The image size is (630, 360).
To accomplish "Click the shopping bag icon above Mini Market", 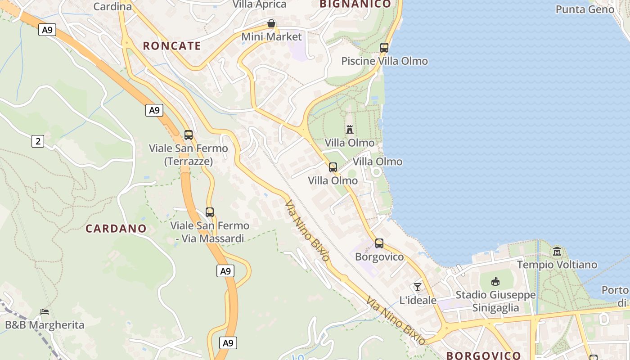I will [x=271, y=23].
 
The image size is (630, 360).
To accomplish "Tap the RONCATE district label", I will [x=172, y=46].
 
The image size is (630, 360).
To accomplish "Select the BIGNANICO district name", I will [x=355, y=4].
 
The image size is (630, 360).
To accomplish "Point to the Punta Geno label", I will [x=585, y=9].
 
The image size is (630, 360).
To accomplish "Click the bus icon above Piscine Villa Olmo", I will [x=384, y=47].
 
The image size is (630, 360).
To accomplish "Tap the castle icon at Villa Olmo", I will [x=350, y=130].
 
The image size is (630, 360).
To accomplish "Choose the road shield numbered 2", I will [x=38, y=141].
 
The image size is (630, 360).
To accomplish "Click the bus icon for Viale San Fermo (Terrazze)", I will [x=189, y=135].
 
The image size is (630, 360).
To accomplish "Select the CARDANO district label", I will [x=116, y=229].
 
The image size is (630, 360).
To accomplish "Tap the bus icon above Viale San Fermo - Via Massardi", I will [x=210, y=212].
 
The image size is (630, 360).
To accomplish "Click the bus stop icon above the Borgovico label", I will [x=379, y=243].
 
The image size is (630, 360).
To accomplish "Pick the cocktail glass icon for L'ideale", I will [x=418, y=287].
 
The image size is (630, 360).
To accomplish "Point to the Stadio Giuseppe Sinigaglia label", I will [x=495, y=301].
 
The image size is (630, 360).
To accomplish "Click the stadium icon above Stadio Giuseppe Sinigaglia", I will [x=495, y=282].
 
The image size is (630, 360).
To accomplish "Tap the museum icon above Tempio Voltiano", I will [x=557, y=251].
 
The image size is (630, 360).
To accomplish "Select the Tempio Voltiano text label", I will [x=557, y=265].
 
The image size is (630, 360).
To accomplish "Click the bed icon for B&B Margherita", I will [x=45, y=311].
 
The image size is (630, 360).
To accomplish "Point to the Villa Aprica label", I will [x=259, y=4].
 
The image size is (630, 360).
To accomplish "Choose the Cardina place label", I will [x=112, y=6].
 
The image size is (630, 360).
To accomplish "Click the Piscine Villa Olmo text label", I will [x=384, y=61].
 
